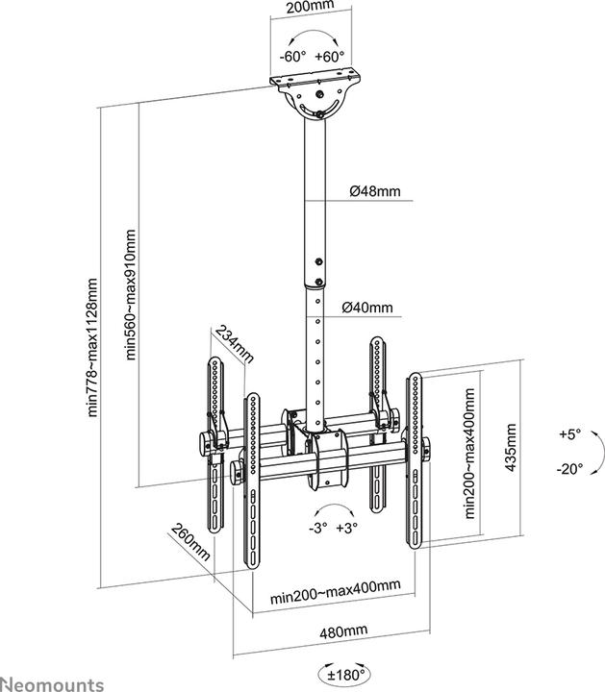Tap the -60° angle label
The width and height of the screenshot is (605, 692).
(292, 56)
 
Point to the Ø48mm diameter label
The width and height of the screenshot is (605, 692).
(374, 191)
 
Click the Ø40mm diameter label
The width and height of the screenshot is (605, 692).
(367, 309)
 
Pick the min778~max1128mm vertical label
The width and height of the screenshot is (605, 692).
(93, 347)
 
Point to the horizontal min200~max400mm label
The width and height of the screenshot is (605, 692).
(321, 586)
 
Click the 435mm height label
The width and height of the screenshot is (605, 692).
(512, 447)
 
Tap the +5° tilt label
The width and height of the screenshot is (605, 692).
(569, 434)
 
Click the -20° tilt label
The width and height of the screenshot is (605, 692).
(569, 469)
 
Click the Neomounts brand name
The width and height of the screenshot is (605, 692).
(53, 683)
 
